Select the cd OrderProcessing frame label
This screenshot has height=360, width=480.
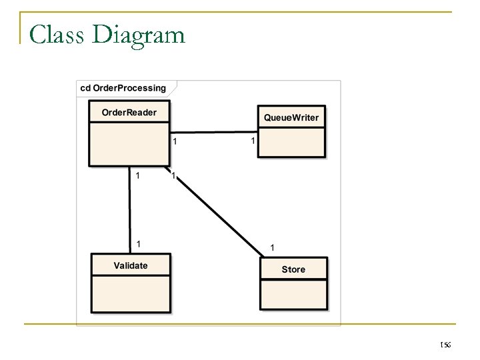[123, 88]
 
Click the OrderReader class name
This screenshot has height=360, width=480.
[129, 112]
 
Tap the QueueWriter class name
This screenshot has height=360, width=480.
[291, 117]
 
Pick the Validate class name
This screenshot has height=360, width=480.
[131, 265]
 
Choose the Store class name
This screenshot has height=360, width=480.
[293, 269]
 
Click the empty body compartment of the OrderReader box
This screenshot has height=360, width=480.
[129, 143]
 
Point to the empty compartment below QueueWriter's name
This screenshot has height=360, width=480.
[291, 141]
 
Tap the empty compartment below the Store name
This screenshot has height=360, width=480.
[293, 296]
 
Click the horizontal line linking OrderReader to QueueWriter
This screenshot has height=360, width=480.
[213, 132]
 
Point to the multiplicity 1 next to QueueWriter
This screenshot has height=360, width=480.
[252, 141]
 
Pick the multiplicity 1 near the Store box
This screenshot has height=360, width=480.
[271, 247]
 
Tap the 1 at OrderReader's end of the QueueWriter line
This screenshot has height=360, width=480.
[175, 141]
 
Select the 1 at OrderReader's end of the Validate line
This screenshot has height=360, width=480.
[137, 176]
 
